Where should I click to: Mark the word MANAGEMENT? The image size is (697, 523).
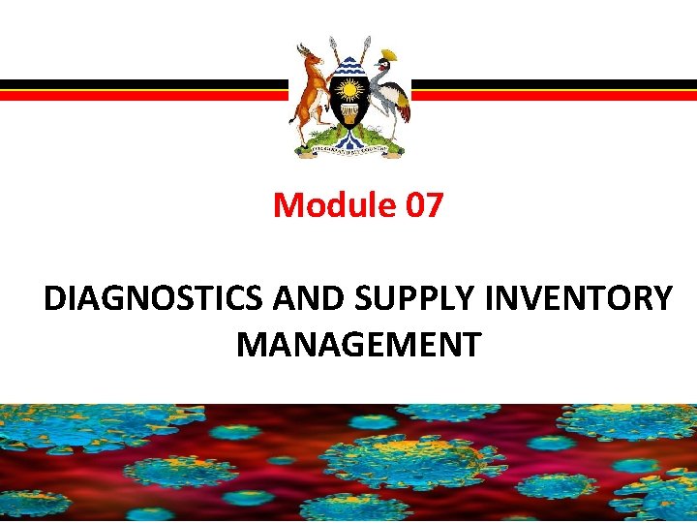(357, 344)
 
